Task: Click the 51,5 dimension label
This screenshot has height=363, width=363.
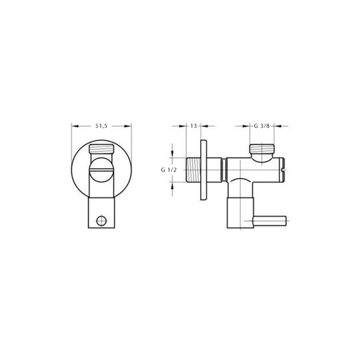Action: tap(101, 126)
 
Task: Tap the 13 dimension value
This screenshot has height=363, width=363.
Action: tap(193, 126)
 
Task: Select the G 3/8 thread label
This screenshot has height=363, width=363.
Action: tap(262, 126)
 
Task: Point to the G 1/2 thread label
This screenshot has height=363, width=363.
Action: tap(169, 170)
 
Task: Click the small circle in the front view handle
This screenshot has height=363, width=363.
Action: tap(101, 221)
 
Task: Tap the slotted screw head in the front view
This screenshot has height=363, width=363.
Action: tap(101, 170)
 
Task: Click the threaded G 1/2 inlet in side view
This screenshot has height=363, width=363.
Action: tap(193, 170)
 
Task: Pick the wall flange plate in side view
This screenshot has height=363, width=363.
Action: tap(204, 170)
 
